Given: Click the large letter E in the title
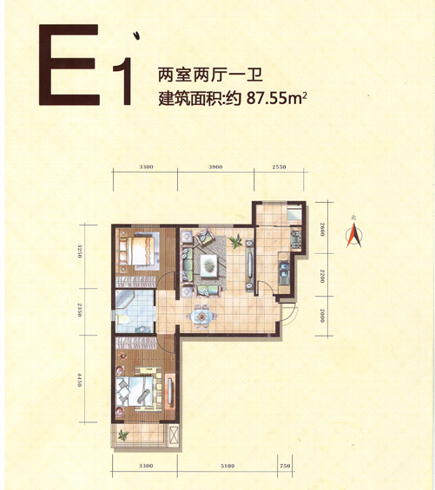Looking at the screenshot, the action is (x=69, y=65).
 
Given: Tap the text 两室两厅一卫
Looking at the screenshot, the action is (x=210, y=75).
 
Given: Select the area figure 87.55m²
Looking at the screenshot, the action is (x=276, y=99).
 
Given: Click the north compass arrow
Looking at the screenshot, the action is (x=354, y=235).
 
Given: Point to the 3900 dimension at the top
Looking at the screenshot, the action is (x=215, y=167).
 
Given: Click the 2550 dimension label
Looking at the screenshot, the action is (x=279, y=167).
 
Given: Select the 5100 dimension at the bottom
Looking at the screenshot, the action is (x=227, y=466).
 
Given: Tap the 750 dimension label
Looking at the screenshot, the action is (x=285, y=466).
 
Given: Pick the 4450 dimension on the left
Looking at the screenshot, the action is (x=80, y=380).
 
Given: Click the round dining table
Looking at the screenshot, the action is (x=202, y=317).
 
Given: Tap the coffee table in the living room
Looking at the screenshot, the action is (x=208, y=265).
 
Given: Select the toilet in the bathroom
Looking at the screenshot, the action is (x=122, y=319).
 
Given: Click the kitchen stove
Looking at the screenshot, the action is (x=296, y=239).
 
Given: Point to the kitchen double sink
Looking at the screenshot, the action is (x=284, y=272).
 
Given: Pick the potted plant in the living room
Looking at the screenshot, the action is (x=235, y=241).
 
